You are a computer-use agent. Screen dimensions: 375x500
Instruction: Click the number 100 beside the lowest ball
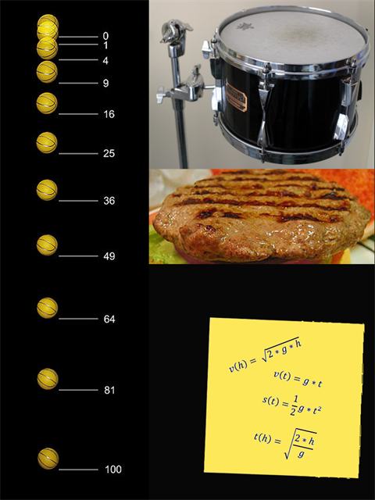tap(113, 470)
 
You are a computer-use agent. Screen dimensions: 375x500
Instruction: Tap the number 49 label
tap(109, 256)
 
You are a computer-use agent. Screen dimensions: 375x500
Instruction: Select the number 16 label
tap(109, 114)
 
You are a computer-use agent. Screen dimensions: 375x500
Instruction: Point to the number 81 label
tap(109, 390)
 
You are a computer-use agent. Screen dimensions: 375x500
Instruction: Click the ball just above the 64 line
tap(47, 308)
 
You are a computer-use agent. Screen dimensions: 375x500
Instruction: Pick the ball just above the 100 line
tap(48, 459)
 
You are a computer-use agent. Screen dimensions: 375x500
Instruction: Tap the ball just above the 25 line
tap(47, 142)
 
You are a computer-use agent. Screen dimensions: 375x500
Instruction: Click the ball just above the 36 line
tap(47, 190)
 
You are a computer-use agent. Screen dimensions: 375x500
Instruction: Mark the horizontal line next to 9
tap(78, 84)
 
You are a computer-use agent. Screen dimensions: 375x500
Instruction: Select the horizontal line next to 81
tap(78, 390)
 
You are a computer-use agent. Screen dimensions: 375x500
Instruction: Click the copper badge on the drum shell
tap(236, 96)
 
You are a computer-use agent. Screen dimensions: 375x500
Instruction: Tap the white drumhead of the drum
tap(292, 39)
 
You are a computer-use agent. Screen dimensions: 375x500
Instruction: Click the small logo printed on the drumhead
tap(245, 26)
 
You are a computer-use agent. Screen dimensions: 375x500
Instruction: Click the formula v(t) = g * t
tap(298, 379)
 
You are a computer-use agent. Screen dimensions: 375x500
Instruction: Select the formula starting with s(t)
tap(291, 405)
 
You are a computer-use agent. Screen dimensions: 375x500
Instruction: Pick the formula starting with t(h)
tap(285, 444)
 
